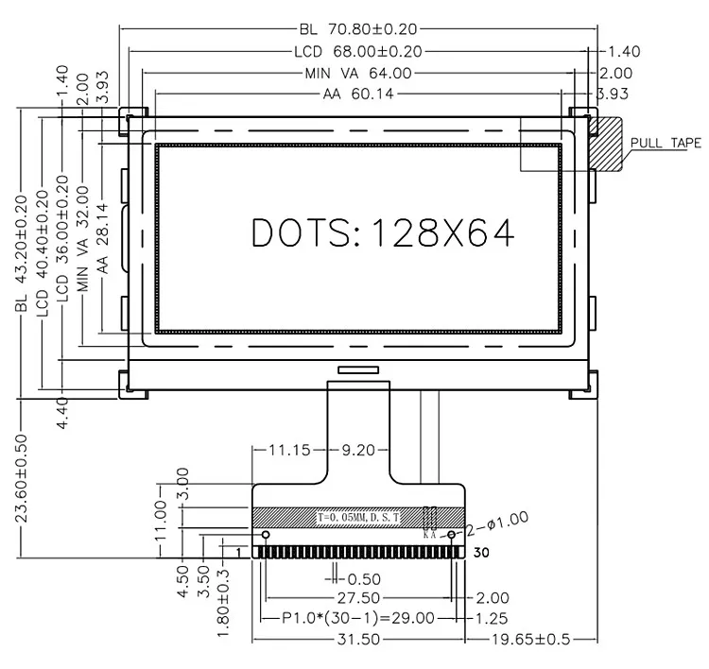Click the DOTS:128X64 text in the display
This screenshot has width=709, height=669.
[x=382, y=232]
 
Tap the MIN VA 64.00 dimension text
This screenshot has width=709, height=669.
[x=357, y=73]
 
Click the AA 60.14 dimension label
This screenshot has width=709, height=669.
[x=357, y=94]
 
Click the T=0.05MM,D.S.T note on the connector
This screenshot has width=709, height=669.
[x=358, y=518]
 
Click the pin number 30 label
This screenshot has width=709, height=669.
[x=480, y=553]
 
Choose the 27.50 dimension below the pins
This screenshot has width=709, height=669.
[x=358, y=598]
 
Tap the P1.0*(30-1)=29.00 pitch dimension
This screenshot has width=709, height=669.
[x=358, y=618]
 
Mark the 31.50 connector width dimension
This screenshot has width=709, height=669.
[x=358, y=640]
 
